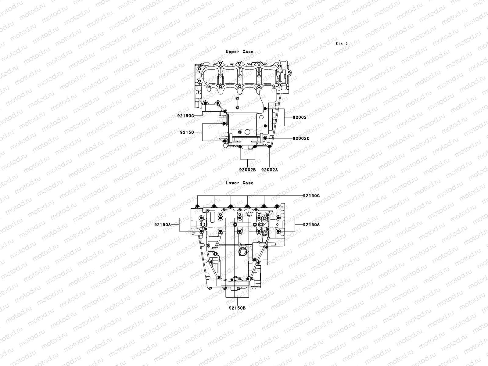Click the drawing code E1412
(x=342, y=44)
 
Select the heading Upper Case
(x=239, y=52)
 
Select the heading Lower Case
(x=239, y=183)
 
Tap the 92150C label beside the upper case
(x=185, y=116)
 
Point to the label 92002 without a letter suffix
(x=300, y=117)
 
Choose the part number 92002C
(x=301, y=138)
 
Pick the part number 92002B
(x=247, y=170)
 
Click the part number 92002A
(x=270, y=170)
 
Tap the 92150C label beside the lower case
(x=311, y=196)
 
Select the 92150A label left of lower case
(x=162, y=225)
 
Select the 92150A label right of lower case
(x=311, y=225)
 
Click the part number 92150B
(x=237, y=308)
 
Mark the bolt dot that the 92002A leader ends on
(x=269, y=148)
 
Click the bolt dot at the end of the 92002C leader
(x=265, y=138)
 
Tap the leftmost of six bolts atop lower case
(x=198, y=206)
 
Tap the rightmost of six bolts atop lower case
(x=277, y=206)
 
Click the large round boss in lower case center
(x=243, y=252)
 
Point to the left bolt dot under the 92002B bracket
(x=240, y=147)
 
